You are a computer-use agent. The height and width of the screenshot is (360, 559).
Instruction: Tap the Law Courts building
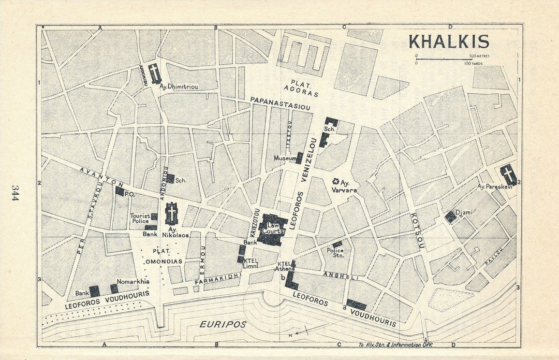click(272, 228)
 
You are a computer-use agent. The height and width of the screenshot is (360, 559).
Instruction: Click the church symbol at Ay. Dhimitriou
click(154, 74)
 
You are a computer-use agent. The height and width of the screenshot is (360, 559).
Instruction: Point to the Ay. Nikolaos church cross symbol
click(171, 213)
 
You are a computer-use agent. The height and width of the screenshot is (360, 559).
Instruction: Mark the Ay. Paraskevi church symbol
click(508, 174)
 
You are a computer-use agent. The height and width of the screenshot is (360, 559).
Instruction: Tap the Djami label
click(464, 212)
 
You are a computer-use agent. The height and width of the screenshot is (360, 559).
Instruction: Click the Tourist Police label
click(140, 219)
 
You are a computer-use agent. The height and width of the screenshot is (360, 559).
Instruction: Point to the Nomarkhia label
click(133, 281)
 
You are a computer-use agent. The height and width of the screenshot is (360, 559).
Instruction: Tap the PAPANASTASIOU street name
click(280, 103)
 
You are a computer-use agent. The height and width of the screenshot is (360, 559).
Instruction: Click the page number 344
click(15, 193)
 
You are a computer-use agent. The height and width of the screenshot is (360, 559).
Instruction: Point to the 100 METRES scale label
click(479, 56)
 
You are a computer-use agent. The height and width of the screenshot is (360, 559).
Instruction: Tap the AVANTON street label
click(102, 177)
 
